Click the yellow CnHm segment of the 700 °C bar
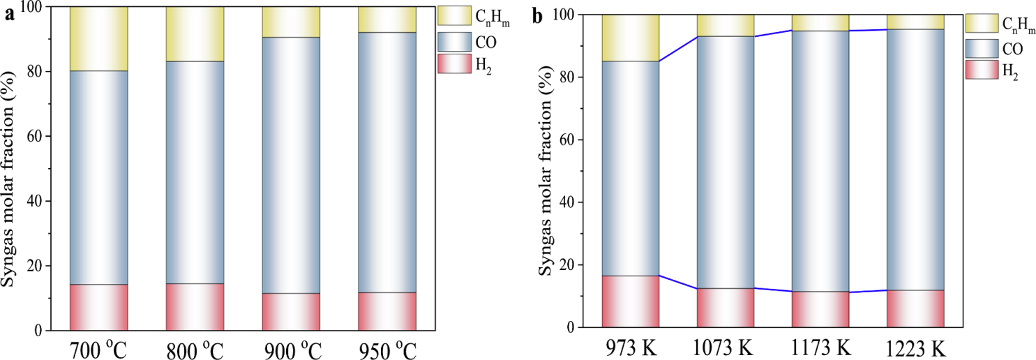tap(98, 38)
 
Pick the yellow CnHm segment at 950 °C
tap(386, 20)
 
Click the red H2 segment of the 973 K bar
tap(631, 301)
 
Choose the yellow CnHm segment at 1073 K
tap(726, 25)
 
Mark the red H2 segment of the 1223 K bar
tap(915, 308)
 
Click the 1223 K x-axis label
tap(915, 347)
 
